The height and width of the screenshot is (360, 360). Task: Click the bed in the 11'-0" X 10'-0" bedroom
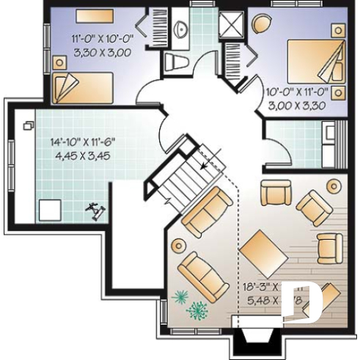click(83, 87)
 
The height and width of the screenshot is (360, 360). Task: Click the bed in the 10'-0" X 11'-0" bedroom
click(315, 59)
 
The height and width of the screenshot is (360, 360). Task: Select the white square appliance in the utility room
click(50, 208)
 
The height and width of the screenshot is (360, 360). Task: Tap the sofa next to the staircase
click(208, 210)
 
